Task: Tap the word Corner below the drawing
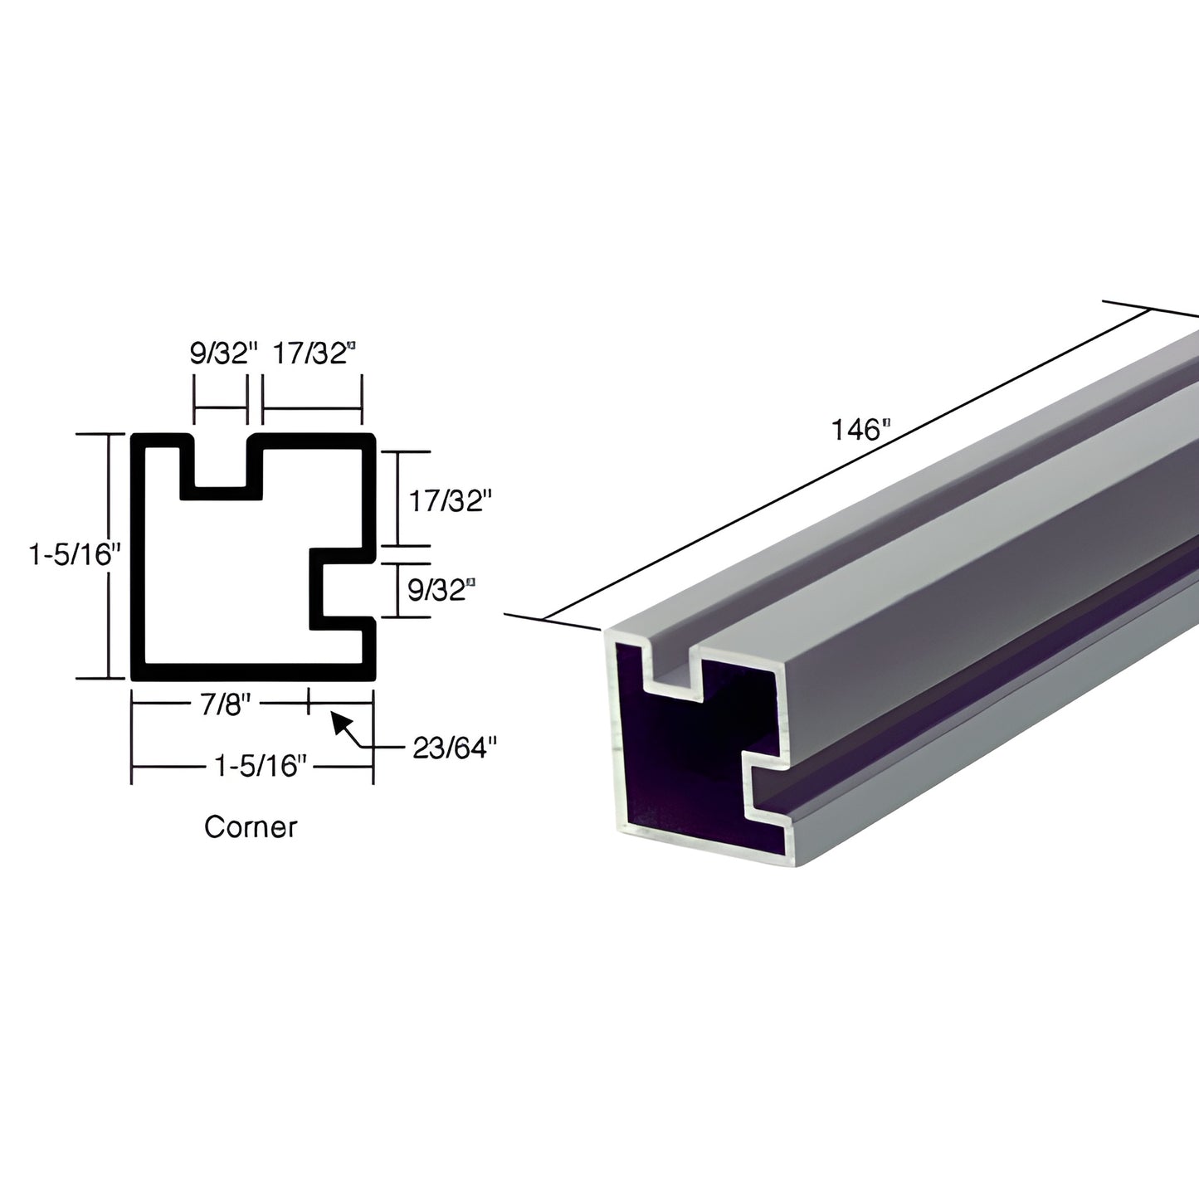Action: pos(251,826)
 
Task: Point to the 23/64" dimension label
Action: pos(454,748)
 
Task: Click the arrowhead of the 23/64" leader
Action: pos(339,720)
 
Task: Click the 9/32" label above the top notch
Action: pos(220,354)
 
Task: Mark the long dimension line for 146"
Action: pos(846,465)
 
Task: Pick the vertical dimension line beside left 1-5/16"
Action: pos(108,556)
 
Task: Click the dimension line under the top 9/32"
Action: pos(221,409)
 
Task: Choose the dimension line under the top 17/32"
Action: pos(312,409)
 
